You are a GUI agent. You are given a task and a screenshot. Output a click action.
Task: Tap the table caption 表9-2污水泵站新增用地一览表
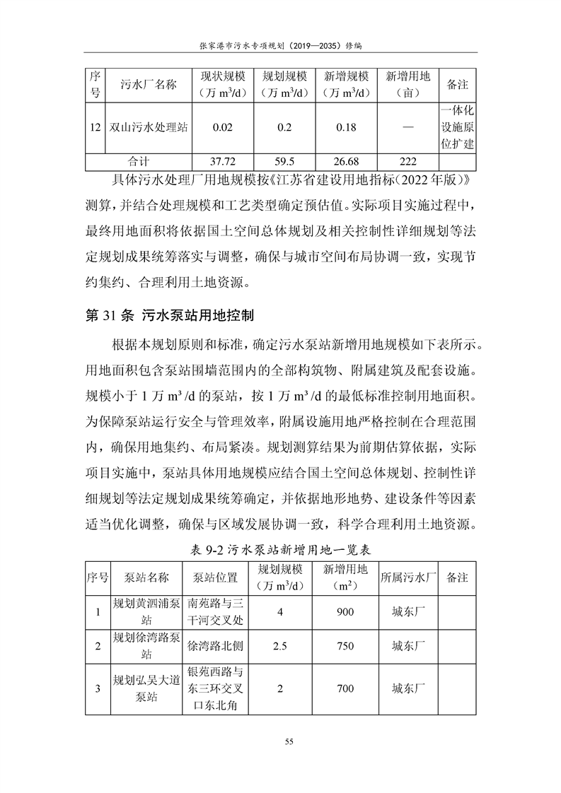point(281,549)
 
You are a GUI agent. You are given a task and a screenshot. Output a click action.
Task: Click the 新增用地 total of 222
point(407,162)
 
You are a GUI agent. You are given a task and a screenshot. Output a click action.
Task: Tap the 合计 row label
point(139,162)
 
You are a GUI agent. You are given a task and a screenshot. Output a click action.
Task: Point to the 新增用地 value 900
point(345,612)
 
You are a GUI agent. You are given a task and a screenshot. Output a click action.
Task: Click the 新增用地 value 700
point(345,688)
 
